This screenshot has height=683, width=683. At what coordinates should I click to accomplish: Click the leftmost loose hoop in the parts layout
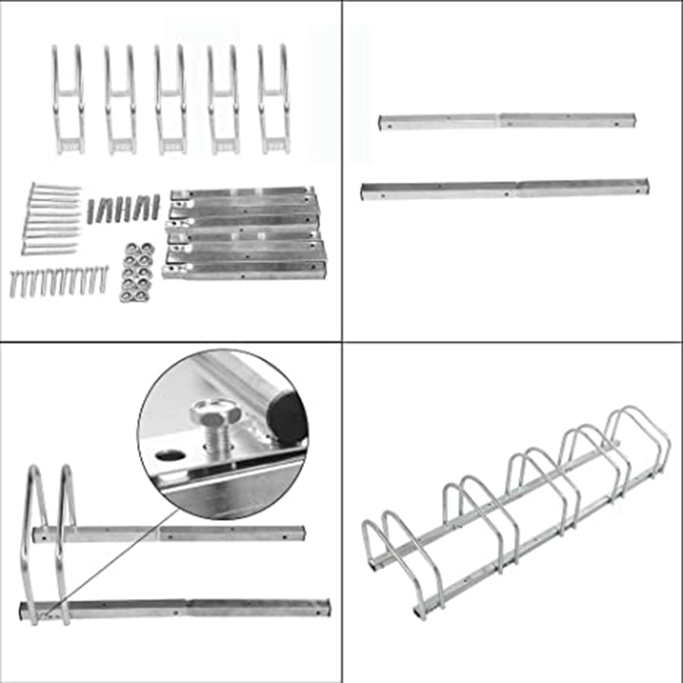point(68,99)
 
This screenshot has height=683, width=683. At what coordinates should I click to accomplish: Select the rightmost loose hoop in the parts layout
point(274,99)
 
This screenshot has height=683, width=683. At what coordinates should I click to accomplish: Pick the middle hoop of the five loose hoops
point(170,99)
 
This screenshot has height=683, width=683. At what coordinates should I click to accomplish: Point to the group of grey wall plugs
point(123,208)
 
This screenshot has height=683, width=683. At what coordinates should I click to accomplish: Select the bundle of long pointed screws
point(52,219)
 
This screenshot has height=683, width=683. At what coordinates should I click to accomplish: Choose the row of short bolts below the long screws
point(59,281)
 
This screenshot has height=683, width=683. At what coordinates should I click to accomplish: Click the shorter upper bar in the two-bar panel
point(507,121)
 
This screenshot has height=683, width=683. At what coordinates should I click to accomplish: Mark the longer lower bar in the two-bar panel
point(504,189)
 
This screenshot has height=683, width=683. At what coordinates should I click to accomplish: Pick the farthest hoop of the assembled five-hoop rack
point(639,437)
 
